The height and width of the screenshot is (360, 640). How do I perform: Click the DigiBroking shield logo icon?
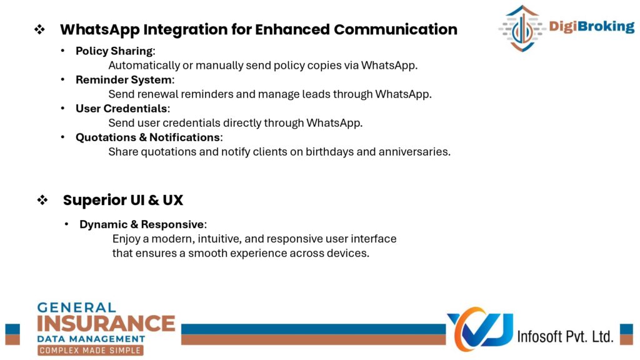[x=522, y=28]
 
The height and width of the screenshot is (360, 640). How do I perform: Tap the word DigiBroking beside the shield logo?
[x=591, y=26]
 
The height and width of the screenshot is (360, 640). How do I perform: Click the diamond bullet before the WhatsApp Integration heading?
[x=39, y=29]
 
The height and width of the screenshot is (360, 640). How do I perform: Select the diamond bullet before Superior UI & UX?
[x=42, y=200]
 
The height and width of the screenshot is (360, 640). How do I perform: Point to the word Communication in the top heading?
[x=396, y=29]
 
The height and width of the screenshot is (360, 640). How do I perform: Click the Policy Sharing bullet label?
[x=114, y=51]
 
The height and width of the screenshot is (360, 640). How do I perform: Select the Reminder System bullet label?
[x=124, y=79]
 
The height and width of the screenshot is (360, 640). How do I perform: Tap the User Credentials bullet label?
[x=121, y=109]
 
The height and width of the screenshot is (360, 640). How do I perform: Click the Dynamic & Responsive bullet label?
[x=142, y=224]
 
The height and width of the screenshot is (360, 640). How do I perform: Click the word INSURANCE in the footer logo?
[x=106, y=324]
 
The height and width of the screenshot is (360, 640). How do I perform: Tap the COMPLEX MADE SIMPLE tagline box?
[x=90, y=350]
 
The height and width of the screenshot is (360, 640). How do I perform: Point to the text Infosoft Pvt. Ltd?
[x=565, y=336]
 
